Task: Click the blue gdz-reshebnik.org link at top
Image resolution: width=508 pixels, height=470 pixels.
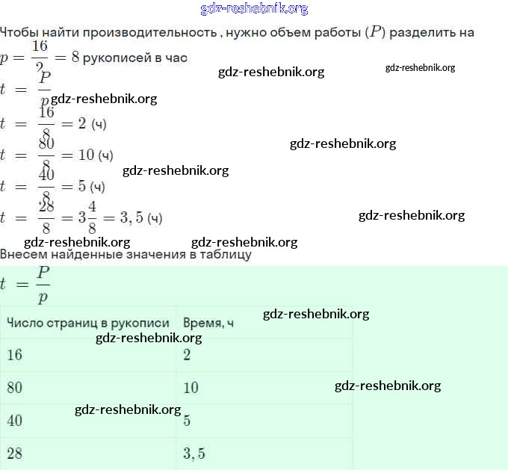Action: pyautogui.click(x=254, y=9)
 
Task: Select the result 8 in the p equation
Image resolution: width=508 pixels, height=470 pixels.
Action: pyautogui.click(x=75, y=58)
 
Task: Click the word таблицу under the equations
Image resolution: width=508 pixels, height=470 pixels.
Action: pyautogui.click(x=222, y=255)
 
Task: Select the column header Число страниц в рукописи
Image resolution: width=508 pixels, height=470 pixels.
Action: pyautogui.click(x=88, y=323)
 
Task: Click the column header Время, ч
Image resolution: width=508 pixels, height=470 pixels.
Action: pyautogui.click(x=208, y=323)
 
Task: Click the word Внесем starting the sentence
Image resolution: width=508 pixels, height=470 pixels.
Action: pyautogui.click(x=22, y=255)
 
